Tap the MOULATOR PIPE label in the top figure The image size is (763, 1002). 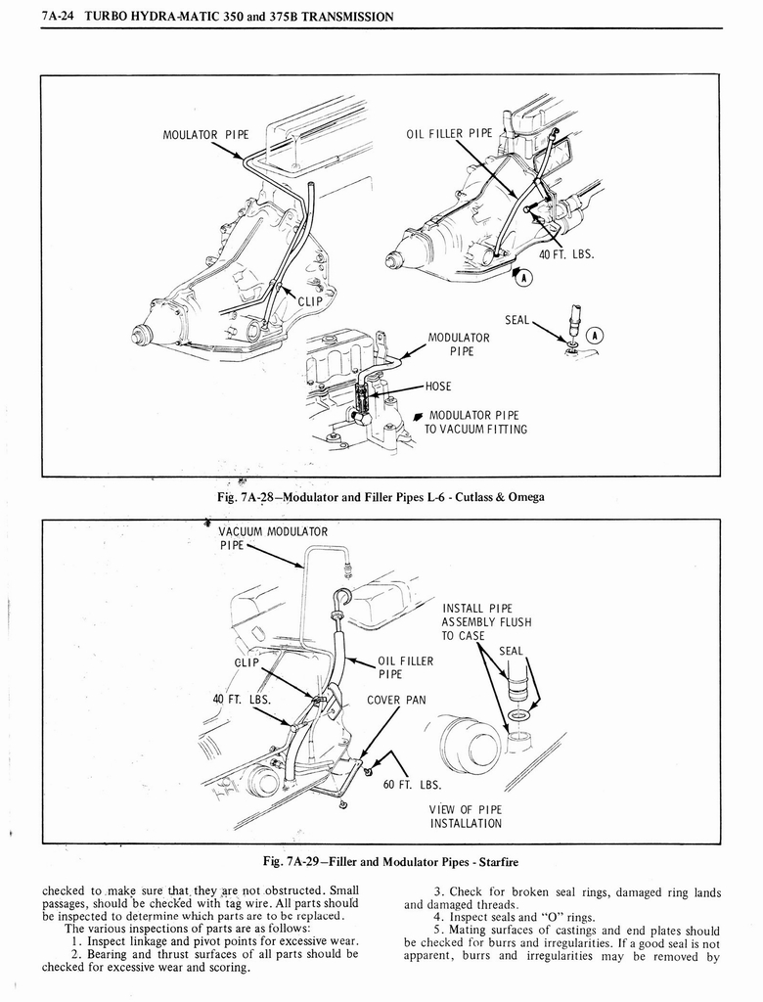205,134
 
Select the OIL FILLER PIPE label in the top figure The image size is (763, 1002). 450,134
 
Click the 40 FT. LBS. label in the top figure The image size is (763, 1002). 566,255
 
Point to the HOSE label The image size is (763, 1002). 439,386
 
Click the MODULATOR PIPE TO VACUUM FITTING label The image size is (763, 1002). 478,422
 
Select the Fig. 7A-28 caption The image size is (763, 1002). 381,497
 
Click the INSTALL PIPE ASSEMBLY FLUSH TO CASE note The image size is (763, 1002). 486,621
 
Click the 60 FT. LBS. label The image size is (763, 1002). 416,784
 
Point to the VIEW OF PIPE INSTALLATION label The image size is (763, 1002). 465,815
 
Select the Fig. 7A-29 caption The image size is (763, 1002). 381,862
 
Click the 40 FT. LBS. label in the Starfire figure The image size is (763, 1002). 241,700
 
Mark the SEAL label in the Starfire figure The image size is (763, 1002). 511,651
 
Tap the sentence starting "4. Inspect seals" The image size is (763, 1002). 513,917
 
